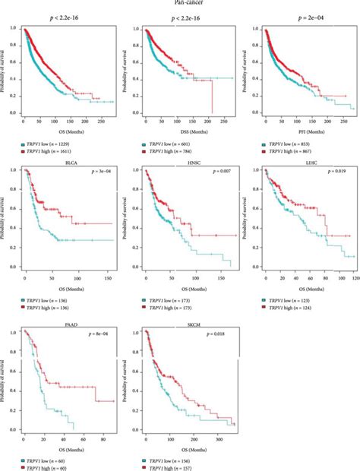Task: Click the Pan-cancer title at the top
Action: pos(180,3)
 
